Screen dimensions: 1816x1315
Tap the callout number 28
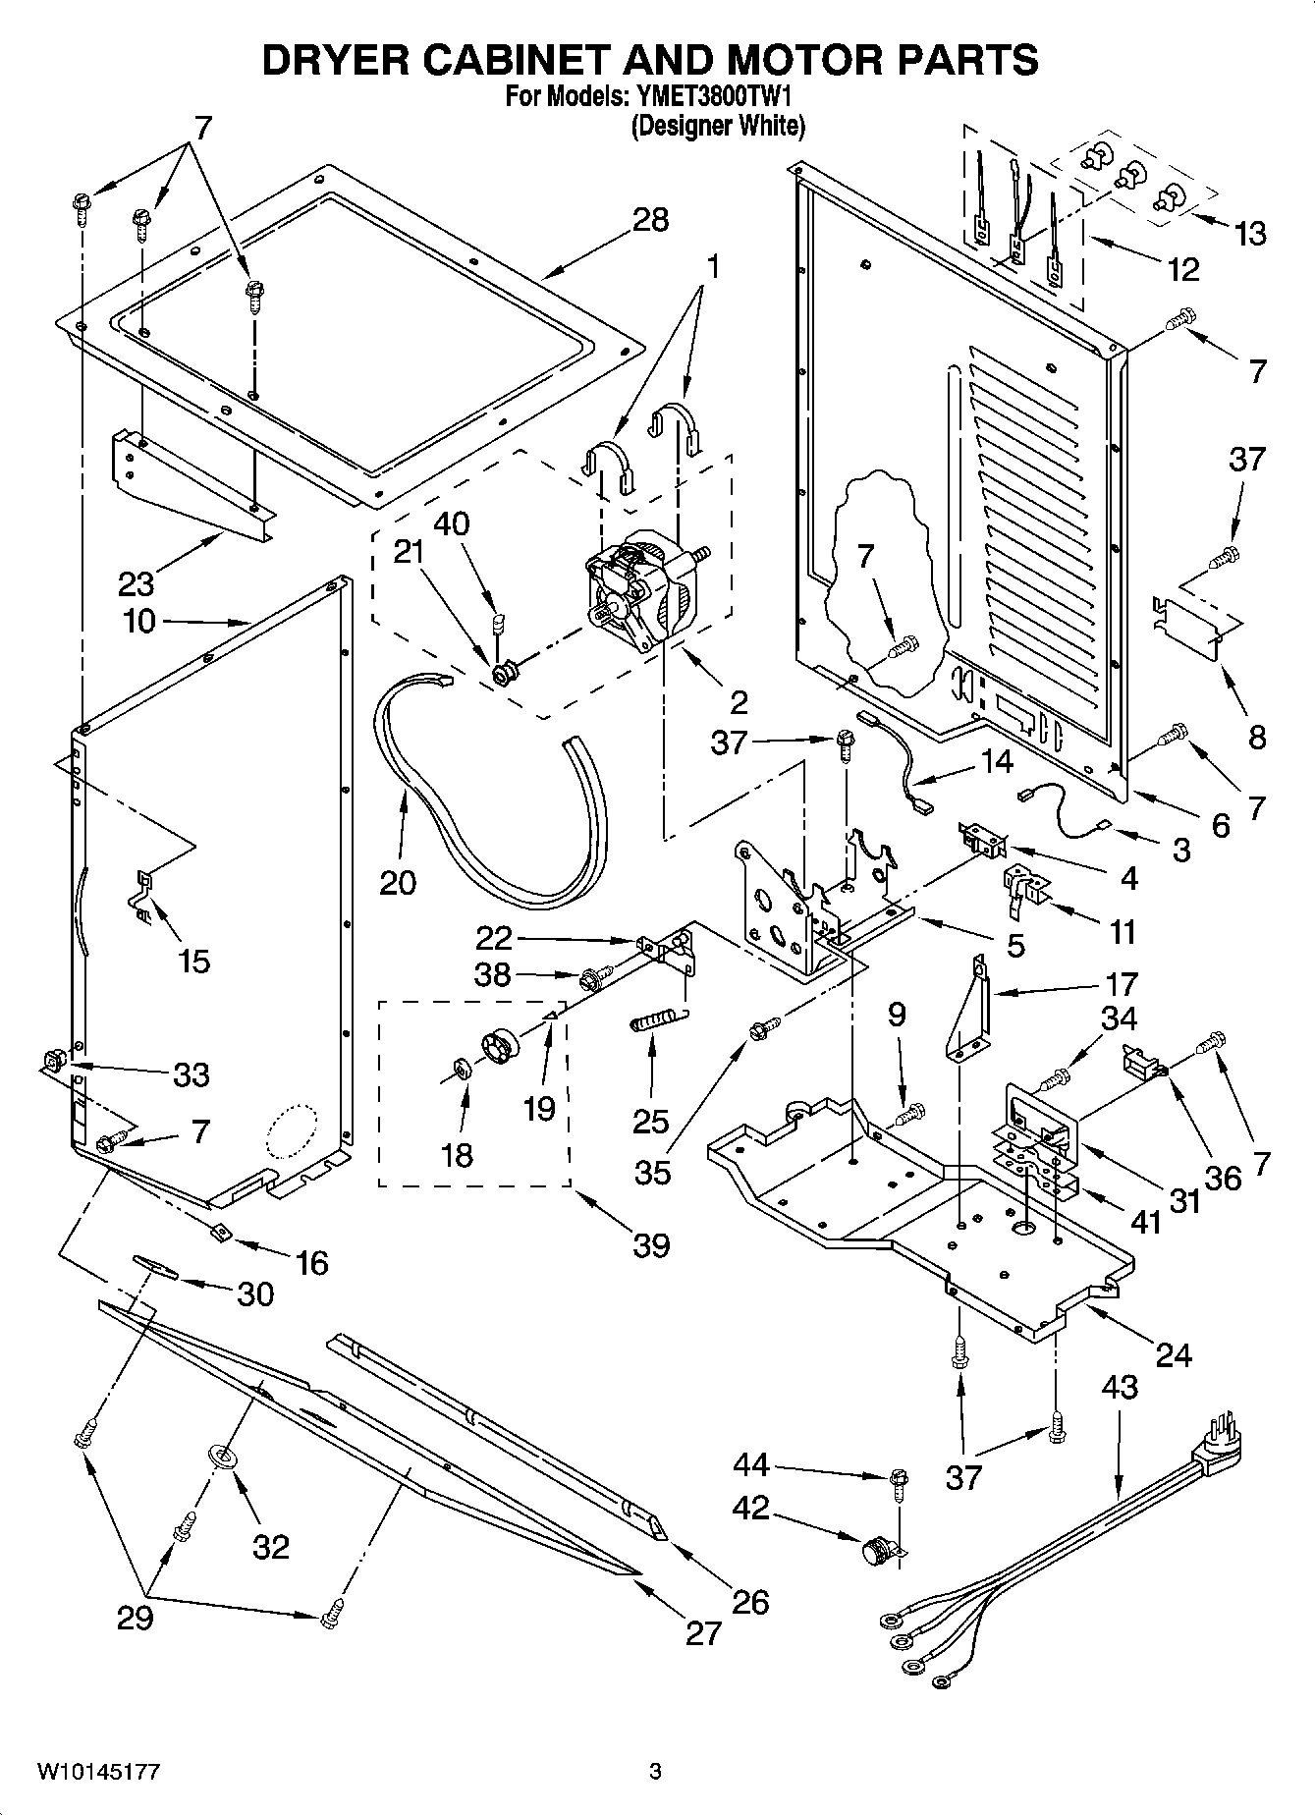coord(650,219)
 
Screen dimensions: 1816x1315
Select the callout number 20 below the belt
coord(398,882)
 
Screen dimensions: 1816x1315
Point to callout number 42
coord(750,1508)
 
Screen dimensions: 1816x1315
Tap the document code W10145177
coord(98,1772)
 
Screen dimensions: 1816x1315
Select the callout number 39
coord(650,1244)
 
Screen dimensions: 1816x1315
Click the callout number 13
coord(1250,234)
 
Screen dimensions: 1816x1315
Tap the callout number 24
coord(1174,1354)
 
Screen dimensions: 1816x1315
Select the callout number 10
coord(140,621)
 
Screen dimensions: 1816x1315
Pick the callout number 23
coord(137,583)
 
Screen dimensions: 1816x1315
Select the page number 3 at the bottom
coord(655,1772)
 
